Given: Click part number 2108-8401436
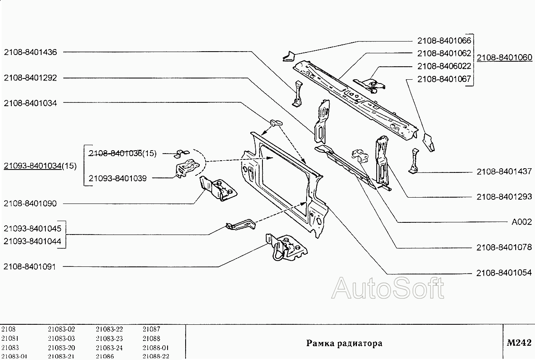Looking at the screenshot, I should point(30,52).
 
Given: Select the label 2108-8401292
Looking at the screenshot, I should point(30,78).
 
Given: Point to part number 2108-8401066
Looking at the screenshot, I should point(444,41).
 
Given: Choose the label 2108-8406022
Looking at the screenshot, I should point(444,66).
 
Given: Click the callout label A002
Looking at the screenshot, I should point(522,222).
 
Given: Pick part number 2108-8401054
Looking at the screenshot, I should point(504,273).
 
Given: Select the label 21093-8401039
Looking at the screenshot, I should point(118,178).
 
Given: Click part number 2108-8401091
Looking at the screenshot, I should point(30,266).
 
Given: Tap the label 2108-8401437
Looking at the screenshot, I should point(504,172).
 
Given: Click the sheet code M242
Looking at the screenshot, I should point(519,343).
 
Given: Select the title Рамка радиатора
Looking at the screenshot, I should point(344,343).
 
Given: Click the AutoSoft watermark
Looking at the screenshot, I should point(388,288).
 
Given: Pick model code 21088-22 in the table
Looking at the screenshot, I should point(155,356).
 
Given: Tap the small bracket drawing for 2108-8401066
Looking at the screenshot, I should point(288,56).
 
